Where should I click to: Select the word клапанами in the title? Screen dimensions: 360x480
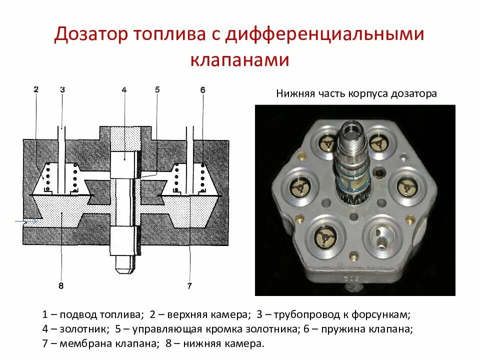pyautogui.click(x=239, y=59)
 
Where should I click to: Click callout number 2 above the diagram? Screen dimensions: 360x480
pyautogui.click(x=36, y=90)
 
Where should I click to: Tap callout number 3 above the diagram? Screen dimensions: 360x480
pyautogui.click(x=62, y=90)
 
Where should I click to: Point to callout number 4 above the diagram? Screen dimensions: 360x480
pyautogui.click(x=124, y=90)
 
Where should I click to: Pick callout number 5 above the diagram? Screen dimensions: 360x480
pyautogui.click(x=157, y=90)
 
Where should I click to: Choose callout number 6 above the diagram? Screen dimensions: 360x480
pyautogui.click(x=202, y=90)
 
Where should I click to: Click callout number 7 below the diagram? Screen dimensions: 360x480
pyautogui.click(x=189, y=286)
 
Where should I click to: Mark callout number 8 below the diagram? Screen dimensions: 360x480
pyautogui.click(x=60, y=286)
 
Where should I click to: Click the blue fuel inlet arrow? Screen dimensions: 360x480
pyautogui.click(x=25, y=220)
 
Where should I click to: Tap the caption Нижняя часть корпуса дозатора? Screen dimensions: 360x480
pyautogui.click(x=356, y=93)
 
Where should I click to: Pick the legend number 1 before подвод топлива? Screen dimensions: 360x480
pyautogui.click(x=45, y=315)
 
